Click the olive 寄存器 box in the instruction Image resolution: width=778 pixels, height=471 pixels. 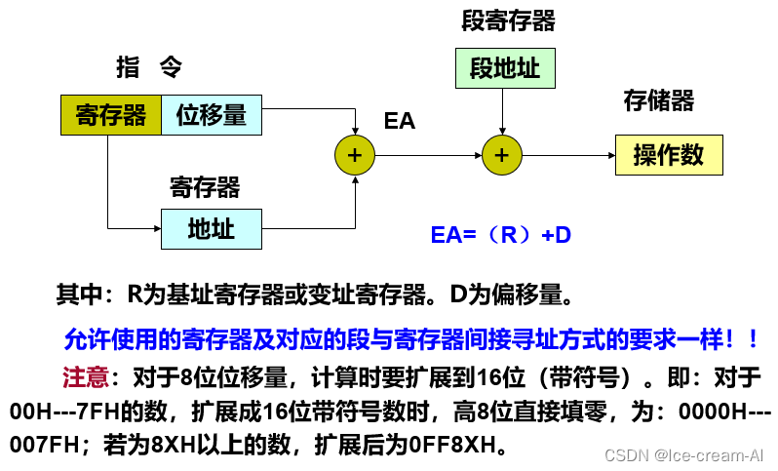pyautogui.click(x=110, y=115)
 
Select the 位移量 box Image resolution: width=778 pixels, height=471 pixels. pyautogui.click(x=212, y=115)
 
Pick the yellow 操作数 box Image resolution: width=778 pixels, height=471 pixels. pyautogui.click(x=669, y=154)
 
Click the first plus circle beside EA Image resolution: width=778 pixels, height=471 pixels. pyautogui.click(x=355, y=155)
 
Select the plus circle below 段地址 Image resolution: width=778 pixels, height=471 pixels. pyautogui.click(x=502, y=155)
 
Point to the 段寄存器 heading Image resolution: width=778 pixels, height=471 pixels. pyautogui.click(x=508, y=21)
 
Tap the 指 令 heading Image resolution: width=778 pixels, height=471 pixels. pyautogui.click(x=149, y=67)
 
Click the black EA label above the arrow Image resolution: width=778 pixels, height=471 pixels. pyautogui.click(x=400, y=121)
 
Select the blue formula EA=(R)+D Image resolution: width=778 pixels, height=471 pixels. pyautogui.click(x=500, y=235)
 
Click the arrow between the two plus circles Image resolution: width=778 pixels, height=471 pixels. pyautogui.click(x=429, y=155)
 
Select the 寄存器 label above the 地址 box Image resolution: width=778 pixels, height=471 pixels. pyautogui.click(x=205, y=186)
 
